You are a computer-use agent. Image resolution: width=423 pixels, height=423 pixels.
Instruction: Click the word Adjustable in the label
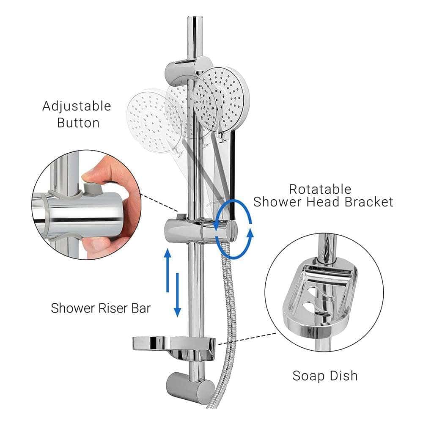(77, 106)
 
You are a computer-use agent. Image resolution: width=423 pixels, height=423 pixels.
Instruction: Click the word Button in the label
(78, 123)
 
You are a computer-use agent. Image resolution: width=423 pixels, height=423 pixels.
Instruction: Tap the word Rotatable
(320, 189)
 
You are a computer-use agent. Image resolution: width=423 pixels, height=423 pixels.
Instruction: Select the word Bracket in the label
(368, 202)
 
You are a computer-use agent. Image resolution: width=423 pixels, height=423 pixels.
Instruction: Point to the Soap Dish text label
(325, 375)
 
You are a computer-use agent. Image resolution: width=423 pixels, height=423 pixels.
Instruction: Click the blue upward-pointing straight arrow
(168, 269)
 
